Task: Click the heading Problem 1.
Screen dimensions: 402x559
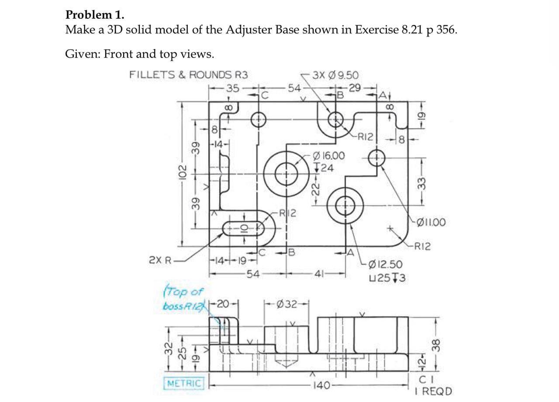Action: (x=94, y=15)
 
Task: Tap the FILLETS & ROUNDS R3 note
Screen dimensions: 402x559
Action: (x=188, y=75)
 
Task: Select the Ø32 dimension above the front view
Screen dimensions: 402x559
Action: (x=287, y=304)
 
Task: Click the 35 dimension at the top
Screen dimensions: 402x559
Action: (x=233, y=89)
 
